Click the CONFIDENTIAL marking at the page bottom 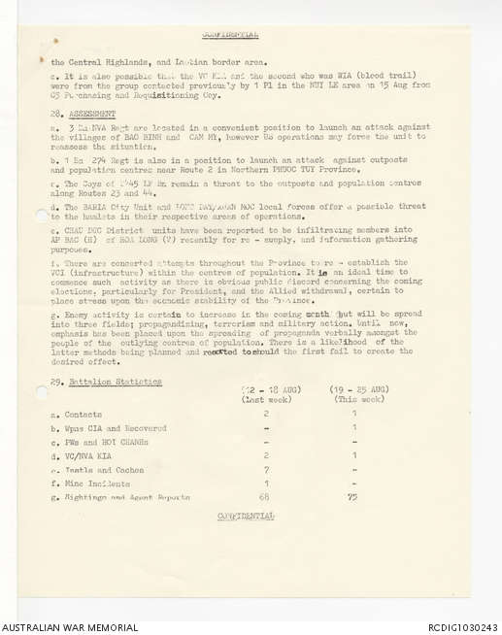coord(245,516)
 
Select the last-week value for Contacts coord(266,414)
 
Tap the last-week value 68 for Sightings coord(266,497)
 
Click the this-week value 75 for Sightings coord(353,497)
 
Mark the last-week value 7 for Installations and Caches coord(266,469)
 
